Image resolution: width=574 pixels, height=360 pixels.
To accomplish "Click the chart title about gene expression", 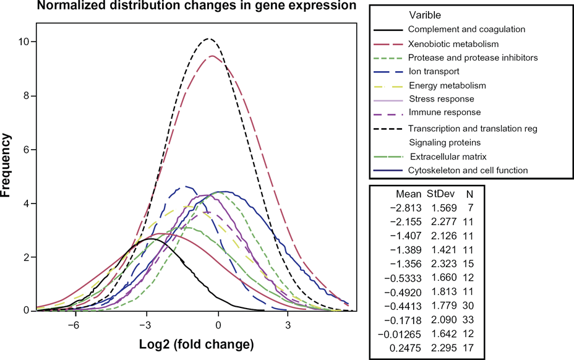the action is point(197,6).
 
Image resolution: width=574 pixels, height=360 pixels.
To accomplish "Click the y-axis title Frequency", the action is point(6,166).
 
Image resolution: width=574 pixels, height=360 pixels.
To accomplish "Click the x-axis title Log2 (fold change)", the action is point(196,345).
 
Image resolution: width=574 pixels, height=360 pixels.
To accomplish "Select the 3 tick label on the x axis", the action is point(288,325).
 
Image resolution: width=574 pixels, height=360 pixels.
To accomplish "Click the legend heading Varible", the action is point(425,15).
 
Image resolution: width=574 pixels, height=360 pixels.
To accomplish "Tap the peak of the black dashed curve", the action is point(208,38).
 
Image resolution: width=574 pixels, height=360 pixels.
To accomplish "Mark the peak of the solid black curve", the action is point(150,239).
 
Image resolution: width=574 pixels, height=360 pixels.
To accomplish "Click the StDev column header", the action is point(441,194).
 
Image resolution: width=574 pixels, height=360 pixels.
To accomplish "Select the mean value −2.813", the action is point(406,208).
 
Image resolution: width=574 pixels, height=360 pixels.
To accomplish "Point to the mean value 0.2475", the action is point(405,348).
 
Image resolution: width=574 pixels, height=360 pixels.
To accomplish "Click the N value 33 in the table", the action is point(468,320).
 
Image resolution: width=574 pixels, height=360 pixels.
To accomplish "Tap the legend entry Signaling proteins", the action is point(445,142).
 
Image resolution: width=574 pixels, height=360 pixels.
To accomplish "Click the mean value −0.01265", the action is point(400,334).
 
